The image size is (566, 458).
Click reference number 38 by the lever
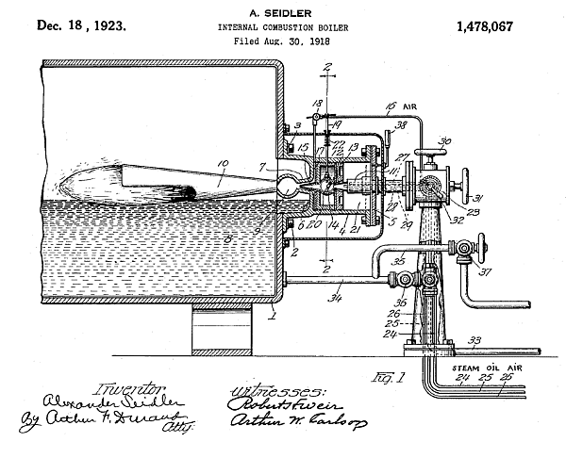point(400,125)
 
